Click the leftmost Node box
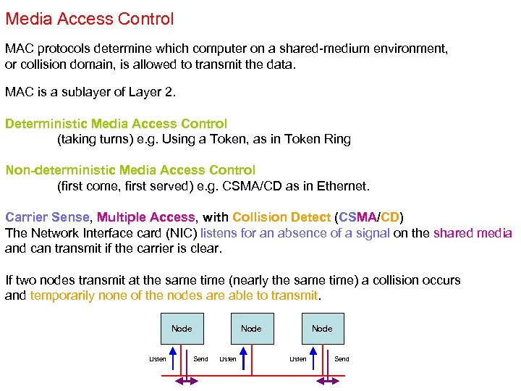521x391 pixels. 182,329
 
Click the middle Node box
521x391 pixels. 251,329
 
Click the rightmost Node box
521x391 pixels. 322,329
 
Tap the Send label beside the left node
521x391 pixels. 201,359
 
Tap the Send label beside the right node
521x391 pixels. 342,359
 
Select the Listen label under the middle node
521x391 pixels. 228,359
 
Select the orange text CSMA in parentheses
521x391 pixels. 359,217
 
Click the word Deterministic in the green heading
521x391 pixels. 44,124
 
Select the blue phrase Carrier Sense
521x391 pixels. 47,217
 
